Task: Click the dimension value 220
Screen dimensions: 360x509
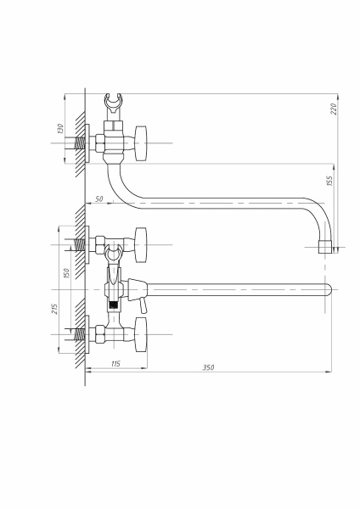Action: tap(334, 109)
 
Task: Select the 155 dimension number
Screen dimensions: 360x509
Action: tap(329, 181)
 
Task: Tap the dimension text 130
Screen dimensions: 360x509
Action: tap(60, 129)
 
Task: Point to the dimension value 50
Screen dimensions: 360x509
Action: tap(99, 199)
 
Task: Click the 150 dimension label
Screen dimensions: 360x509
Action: tap(66, 273)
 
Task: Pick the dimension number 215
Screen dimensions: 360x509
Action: tap(54, 309)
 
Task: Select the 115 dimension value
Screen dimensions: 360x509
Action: tap(115, 364)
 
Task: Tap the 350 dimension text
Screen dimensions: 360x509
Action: tap(208, 367)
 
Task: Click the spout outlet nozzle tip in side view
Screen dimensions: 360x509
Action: tap(324, 247)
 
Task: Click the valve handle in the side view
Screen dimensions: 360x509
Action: tap(140, 143)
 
